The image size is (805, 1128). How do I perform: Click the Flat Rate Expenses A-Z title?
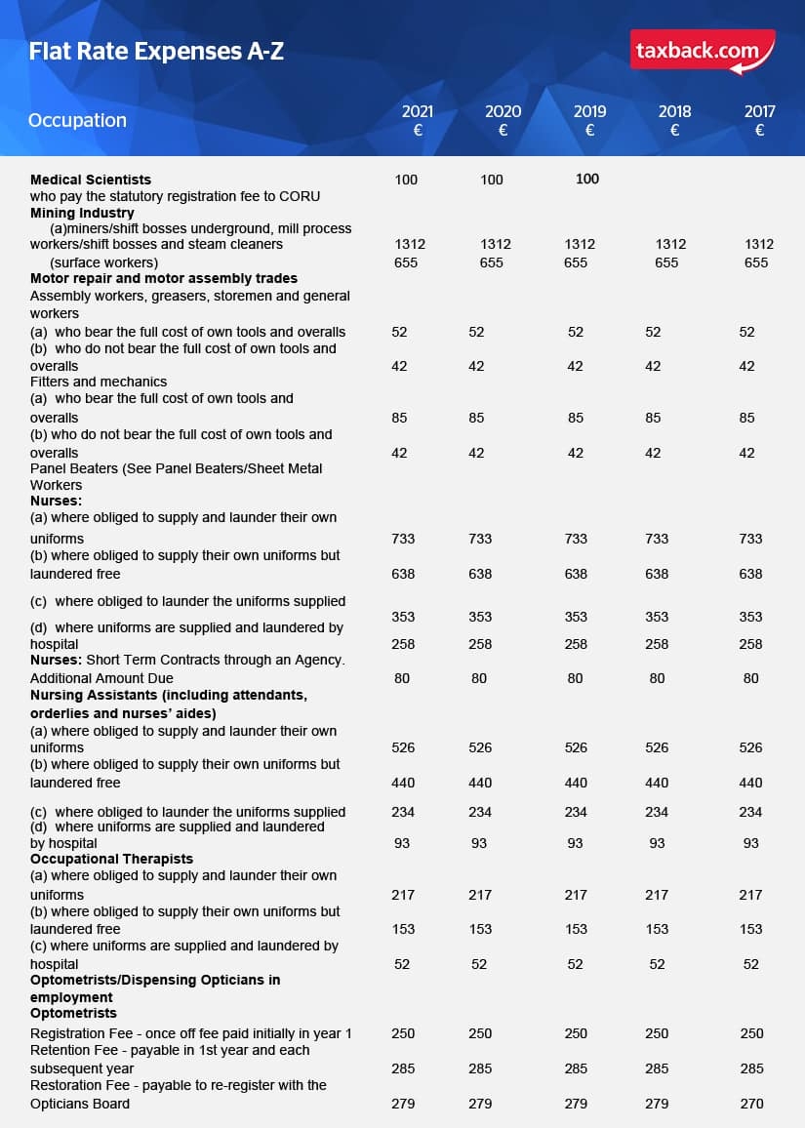(156, 51)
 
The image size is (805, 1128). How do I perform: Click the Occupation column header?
(78, 120)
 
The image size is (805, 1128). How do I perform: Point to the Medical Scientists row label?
(91, 180)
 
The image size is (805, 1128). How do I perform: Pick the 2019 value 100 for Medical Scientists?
(587, 179)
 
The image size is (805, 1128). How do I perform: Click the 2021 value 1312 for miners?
(410, 244)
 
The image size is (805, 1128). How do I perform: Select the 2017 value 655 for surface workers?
(756, 262)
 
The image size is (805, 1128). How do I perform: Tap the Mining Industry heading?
(82, 212)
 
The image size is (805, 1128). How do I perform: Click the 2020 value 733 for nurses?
(480, 539)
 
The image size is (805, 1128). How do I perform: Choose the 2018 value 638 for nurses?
(657, 574)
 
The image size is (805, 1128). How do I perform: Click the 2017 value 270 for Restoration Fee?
(751, 1104)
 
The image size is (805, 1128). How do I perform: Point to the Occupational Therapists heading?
(111, 859)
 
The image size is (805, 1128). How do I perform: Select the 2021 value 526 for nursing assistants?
(403, 747)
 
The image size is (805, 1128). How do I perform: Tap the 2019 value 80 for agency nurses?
(575, 678)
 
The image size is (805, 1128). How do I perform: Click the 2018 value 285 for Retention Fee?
(657, 1068)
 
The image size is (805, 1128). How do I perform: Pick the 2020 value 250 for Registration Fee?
(480, 1033)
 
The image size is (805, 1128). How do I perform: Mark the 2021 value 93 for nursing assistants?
(402, 843)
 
